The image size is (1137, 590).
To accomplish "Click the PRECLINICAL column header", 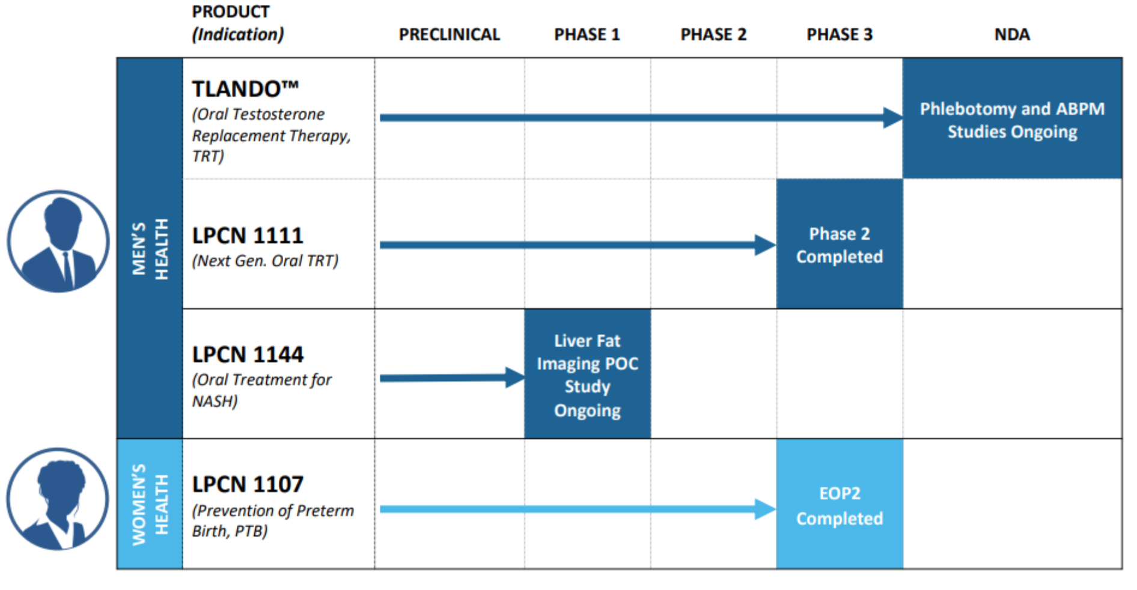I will point(449,35).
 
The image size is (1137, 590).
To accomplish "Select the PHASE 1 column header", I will point(587,35).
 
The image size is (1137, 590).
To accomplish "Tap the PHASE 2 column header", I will point(713,35).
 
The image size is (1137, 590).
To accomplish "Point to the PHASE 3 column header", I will point(839,35).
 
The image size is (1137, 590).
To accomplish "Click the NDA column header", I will point(1012,35).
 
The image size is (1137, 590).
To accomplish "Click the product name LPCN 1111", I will point(248,236).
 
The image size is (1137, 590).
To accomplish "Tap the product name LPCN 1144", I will point(248,354).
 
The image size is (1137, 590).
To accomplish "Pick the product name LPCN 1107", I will point(248,484).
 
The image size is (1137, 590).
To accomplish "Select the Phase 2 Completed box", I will point(839,245).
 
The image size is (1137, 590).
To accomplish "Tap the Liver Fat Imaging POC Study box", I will point(587,374).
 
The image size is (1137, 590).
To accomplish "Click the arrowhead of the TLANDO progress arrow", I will point(892,118).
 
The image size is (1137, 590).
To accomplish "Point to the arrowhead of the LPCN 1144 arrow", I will point(515,377).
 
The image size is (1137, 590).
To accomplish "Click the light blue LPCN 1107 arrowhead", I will point(765,509).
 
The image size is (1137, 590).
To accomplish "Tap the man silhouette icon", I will point(58,242).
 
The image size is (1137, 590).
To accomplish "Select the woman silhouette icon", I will point(58,499).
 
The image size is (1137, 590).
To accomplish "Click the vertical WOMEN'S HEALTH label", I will point(150,504).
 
